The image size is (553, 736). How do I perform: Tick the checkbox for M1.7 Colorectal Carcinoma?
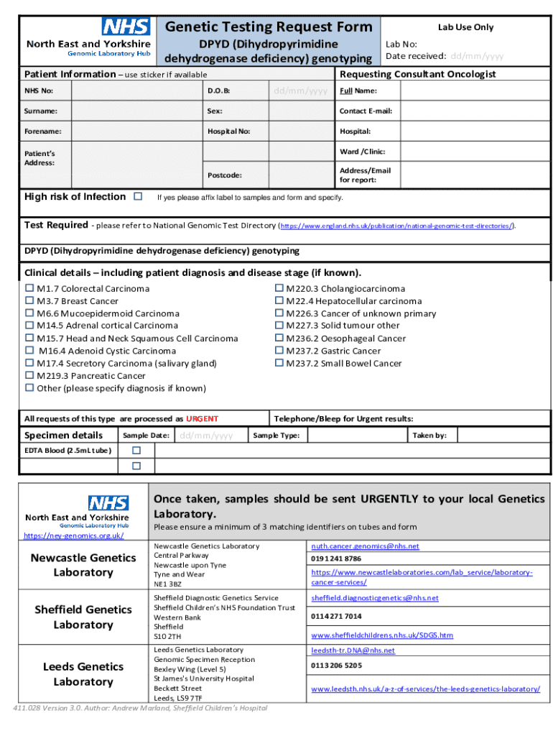coord(29,288)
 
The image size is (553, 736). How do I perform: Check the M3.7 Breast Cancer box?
coord(29,301)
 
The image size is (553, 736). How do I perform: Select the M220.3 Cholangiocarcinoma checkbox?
coord(279,288)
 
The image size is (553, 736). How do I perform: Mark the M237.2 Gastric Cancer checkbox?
coord(279,351)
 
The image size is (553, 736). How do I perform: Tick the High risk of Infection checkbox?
coord(138,196)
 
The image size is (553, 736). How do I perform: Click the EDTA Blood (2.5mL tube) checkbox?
coord(136,450)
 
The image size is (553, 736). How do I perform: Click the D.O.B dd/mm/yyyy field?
coord(300,91)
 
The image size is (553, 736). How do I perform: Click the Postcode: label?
coord(224,175)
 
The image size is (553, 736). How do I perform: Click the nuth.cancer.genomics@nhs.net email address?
coord(365,546)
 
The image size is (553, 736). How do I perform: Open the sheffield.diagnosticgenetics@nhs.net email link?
coord(374,598)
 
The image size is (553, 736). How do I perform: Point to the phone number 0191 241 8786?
coord(336,558)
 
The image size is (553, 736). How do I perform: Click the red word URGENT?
coord(202,418)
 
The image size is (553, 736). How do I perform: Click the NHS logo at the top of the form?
coord(126,27)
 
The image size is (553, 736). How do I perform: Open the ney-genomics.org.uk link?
coord(74,536)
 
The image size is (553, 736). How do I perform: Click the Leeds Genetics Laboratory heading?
coord(83,674)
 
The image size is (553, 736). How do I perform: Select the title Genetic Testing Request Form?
coord(269,27)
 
